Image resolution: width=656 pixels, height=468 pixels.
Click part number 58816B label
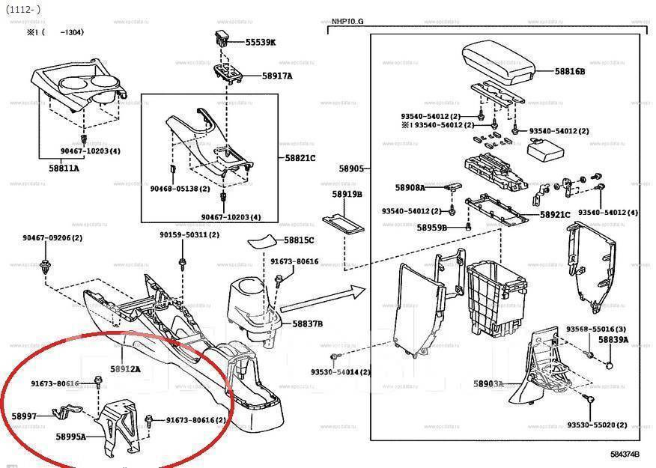point(570,71)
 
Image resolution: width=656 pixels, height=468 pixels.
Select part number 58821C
point(300,158)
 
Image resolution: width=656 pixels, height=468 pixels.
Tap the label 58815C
point(299,240)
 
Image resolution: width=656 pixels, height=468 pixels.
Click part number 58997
point(24,416)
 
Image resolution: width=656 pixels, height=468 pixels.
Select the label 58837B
point(307,323)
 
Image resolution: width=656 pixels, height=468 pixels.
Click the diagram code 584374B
point(624,455)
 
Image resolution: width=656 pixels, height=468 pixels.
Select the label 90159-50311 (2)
point(189,234)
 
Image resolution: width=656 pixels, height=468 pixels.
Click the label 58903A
point(488,383)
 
